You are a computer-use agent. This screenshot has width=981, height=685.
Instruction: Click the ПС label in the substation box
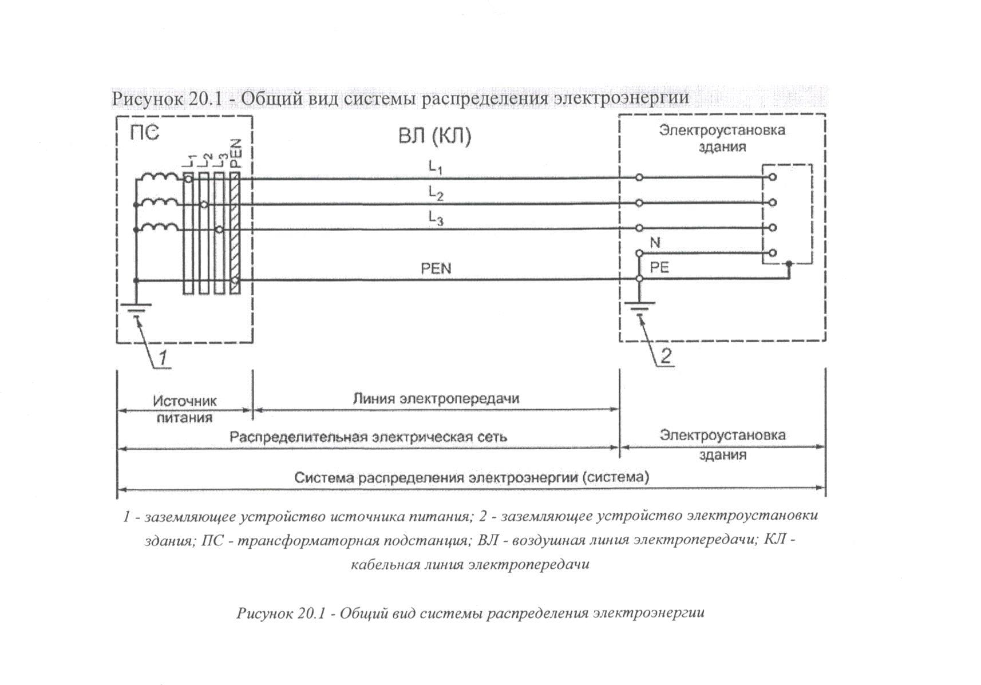(144, 133)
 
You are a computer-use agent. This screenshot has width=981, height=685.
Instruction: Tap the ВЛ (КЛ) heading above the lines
(434, 137)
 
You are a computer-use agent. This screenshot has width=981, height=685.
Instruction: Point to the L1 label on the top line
(436, 167)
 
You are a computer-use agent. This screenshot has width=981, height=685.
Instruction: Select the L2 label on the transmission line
(436, 194)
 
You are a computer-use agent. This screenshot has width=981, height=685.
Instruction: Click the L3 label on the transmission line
(436, 219)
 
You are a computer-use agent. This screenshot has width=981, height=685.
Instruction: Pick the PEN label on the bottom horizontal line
(436, 268)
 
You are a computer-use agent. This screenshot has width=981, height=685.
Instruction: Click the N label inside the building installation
(655, 243)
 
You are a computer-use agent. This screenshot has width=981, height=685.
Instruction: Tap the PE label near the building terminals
(659, 267)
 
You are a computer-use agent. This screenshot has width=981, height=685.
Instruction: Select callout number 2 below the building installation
(666, 357)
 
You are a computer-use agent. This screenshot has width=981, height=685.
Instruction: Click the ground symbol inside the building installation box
(639, 311)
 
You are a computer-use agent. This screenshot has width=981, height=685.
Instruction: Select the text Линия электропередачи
(436, 398)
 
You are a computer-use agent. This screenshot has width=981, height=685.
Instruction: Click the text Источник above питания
(184, 401)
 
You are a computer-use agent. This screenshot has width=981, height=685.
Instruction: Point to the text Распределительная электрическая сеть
(368, 437)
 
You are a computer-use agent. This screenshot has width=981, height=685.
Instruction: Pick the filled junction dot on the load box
(789, 264)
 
